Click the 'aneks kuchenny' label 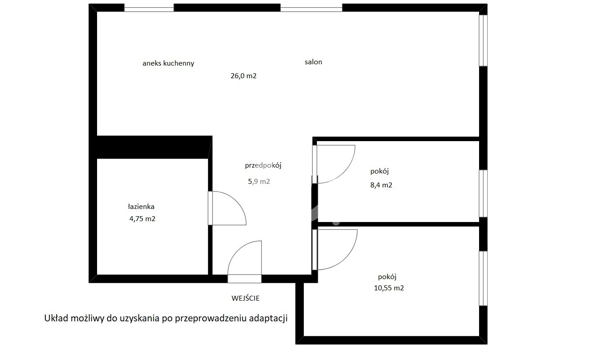tap(169, 63)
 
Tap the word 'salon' tap(313, 62)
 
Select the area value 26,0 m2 tap(244, 76)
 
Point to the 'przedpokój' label tap(263, 165)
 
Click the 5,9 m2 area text tap(259, 182)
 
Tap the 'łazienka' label tap(141, 206)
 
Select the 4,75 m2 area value tap(142, 219)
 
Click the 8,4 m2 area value tap(381, 185)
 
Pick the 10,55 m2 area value tap(389, 288)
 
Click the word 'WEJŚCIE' tap(245, 298)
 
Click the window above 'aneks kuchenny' tap(149, 8)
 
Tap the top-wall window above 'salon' tap(311, 8)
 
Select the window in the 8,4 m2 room tap(483, 193)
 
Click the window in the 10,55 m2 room tap(483, 279)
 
